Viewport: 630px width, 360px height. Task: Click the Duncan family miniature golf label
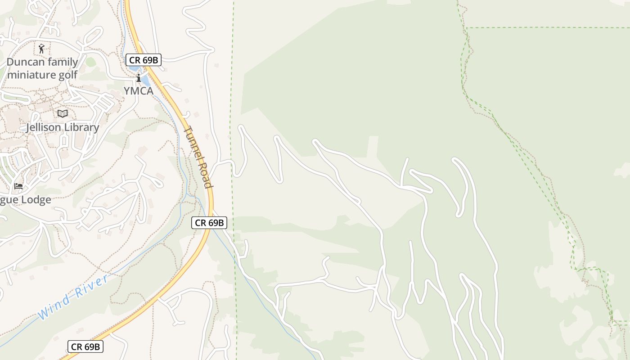point(42,68)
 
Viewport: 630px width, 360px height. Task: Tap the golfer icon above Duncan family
point(42,48)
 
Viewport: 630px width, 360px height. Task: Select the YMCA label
point(139,91)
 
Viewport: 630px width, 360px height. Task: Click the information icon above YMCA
point(139,78)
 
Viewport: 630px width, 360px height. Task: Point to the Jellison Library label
point(62,127)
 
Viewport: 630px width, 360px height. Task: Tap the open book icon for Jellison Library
point(63,113)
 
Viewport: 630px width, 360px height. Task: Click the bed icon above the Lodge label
point(18,186)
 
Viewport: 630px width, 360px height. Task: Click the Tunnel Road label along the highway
point(198,157)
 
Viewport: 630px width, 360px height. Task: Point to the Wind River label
point(73,297)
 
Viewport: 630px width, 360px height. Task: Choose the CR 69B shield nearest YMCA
point(143,60)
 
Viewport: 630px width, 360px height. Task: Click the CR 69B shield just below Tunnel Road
point(209,222)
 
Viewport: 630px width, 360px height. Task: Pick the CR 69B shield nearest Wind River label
point(85,346)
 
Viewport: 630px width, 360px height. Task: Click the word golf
point(68,75)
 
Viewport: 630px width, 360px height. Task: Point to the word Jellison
point(43,127)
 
